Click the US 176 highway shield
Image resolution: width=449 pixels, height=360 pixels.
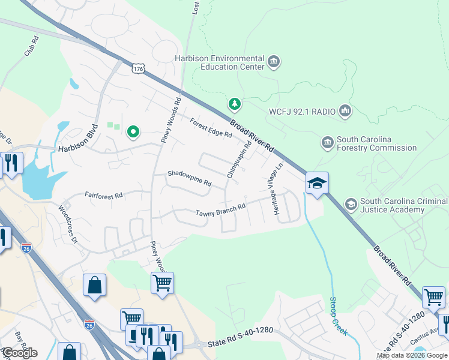click(139, 69)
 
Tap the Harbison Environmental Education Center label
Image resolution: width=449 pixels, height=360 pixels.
click(219, 62)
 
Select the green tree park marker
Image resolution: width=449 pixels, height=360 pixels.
click(235, 104)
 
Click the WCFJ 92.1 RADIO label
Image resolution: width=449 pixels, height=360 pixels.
click(302, 111)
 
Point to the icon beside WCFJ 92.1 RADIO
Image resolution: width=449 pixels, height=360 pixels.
click(345, 110)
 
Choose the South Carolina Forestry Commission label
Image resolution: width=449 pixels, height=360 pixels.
click(376, 143)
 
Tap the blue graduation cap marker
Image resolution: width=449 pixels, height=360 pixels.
click(317, 183)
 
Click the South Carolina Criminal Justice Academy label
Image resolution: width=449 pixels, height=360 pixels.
click(403, 205)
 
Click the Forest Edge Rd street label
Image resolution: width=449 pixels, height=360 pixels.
click(211, 128)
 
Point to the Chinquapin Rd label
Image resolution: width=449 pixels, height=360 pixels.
click(239, 160)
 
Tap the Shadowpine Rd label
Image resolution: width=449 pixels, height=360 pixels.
click(190, 178)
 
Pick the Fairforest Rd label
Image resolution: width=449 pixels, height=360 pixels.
click(103, 195)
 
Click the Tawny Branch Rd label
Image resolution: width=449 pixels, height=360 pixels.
click(221, 209)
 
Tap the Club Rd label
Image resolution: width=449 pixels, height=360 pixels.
click(31, 46)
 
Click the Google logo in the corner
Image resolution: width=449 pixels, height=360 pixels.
click(19, 352)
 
